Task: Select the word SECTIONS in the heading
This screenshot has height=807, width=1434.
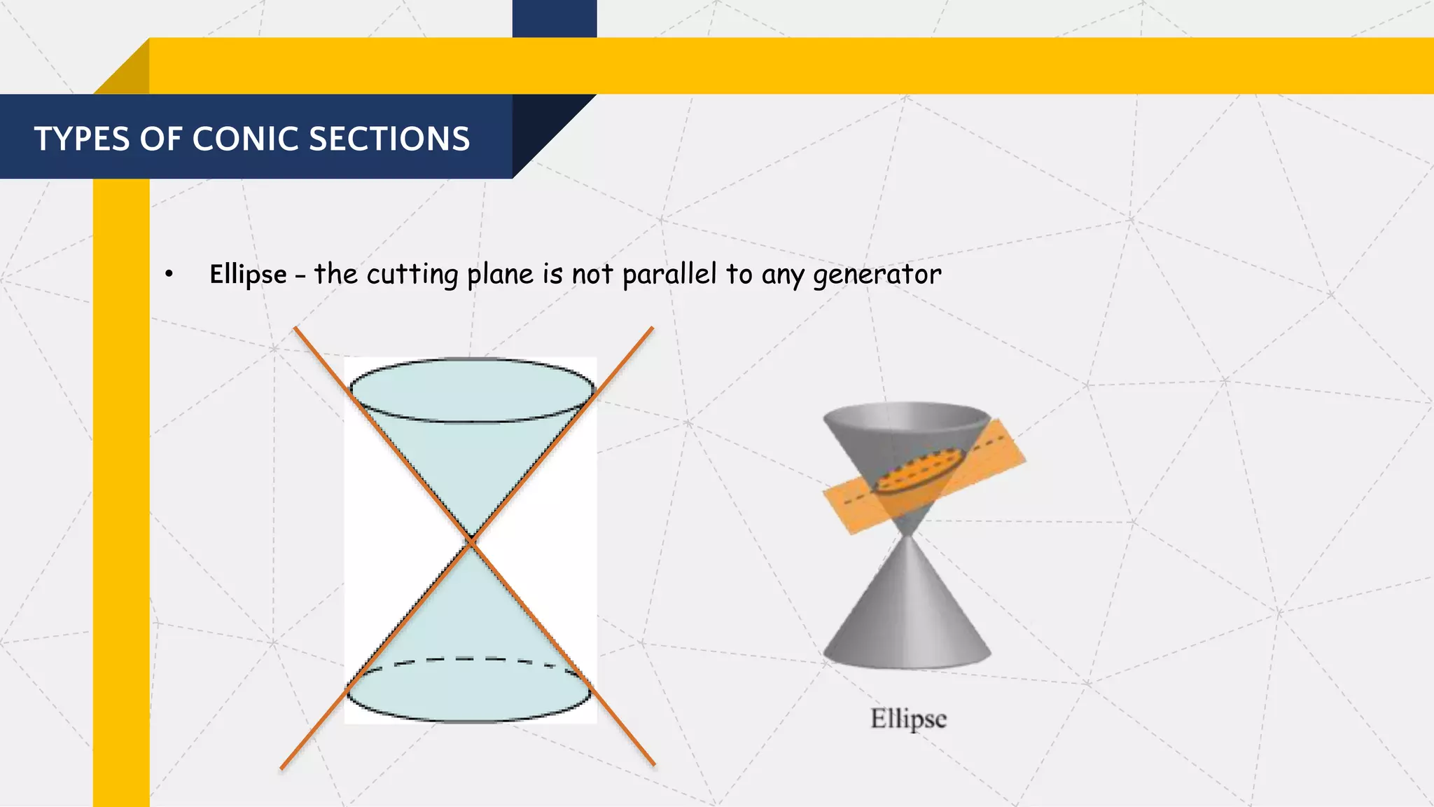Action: coord(389,139)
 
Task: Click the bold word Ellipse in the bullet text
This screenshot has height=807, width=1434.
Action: coord(248,275)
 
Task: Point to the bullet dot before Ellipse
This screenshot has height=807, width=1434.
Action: coord(169,275)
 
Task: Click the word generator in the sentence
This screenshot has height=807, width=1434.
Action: coord(877,275)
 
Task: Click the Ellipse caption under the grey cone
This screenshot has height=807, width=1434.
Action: coord(908,719)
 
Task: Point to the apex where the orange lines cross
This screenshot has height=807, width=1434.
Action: coord(471,542)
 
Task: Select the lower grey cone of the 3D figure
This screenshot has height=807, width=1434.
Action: coord(907,616)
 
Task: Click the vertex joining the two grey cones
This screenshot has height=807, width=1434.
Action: coord(907,536)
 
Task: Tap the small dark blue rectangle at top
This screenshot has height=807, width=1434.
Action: coord(554,18)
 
